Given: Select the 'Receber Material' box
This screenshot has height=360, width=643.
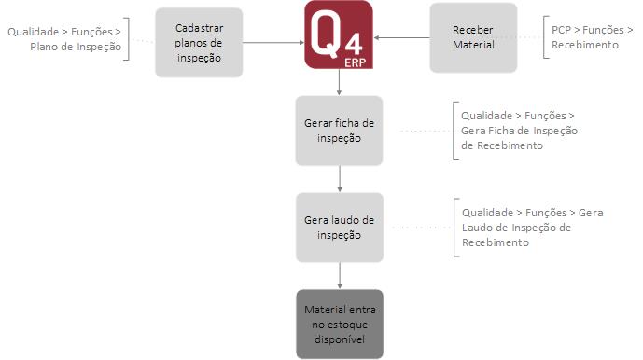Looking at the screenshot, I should point(473,37).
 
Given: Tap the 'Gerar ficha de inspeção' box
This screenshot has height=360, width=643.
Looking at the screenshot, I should point(339,130).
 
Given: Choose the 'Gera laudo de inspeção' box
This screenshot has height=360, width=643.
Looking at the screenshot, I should point(339,227).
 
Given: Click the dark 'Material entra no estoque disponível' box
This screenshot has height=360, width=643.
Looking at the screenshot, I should point(339,324).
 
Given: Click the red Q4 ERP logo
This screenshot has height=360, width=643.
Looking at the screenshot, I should point(338,35).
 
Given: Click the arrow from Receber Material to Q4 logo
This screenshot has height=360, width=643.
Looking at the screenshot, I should point(401,37).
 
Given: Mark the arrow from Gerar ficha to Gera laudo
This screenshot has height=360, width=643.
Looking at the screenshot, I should point(339,178).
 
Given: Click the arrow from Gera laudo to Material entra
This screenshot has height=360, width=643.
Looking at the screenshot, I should point(339,275).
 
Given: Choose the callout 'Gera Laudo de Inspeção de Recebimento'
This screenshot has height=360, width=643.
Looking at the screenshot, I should point(532,227).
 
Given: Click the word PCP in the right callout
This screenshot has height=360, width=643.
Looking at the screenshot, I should point(562,31).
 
